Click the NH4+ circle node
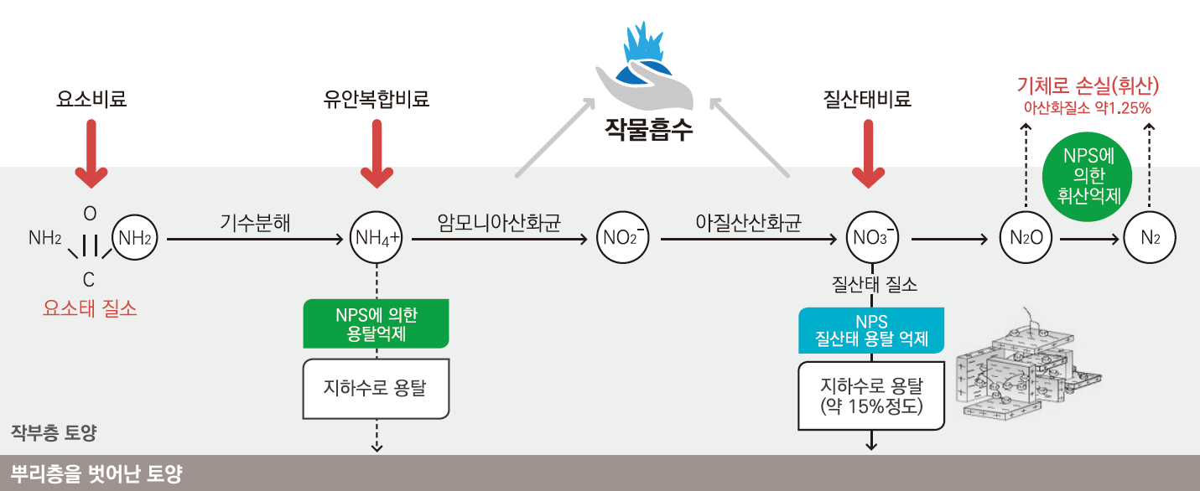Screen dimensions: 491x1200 377,239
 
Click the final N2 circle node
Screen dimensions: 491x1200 1150,239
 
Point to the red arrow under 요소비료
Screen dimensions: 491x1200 91,153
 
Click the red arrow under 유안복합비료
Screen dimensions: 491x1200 377,153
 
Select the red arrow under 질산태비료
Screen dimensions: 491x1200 869,153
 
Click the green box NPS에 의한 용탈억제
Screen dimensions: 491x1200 376,323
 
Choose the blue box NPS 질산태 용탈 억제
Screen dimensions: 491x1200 871,330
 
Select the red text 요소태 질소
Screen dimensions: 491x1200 90,308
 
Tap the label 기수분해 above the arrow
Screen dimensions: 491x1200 256,223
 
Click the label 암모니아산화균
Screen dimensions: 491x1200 499,223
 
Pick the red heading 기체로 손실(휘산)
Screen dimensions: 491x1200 1088,85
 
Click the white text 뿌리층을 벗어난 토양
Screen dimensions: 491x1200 96,474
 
